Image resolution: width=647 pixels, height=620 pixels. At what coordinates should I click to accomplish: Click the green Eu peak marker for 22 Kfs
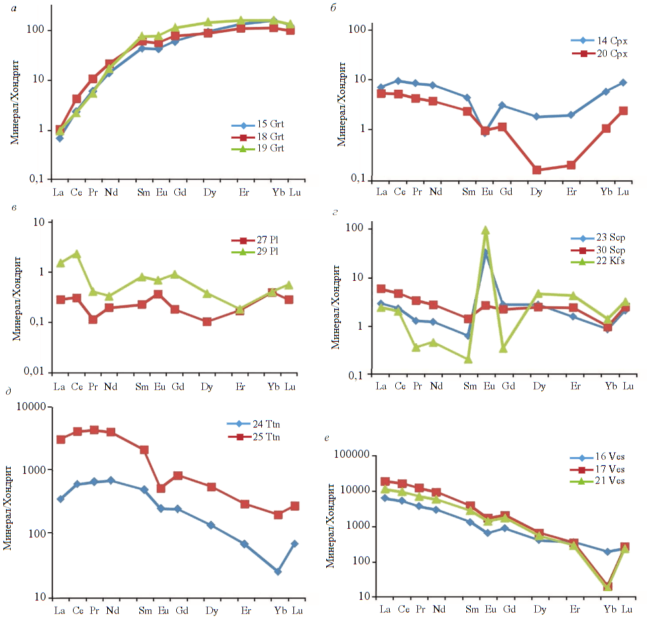click(486, 231)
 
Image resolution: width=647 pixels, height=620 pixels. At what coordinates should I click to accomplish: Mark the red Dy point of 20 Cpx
click(537, 170)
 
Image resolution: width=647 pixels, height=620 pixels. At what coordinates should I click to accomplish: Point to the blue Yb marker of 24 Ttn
click(277, 572)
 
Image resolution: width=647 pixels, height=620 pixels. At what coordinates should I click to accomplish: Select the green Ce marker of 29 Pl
click(77, 254)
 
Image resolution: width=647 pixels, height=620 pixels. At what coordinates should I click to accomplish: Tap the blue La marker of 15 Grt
click(60, 138)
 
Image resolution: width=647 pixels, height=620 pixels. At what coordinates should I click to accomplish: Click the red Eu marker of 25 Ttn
click(161, 489)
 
